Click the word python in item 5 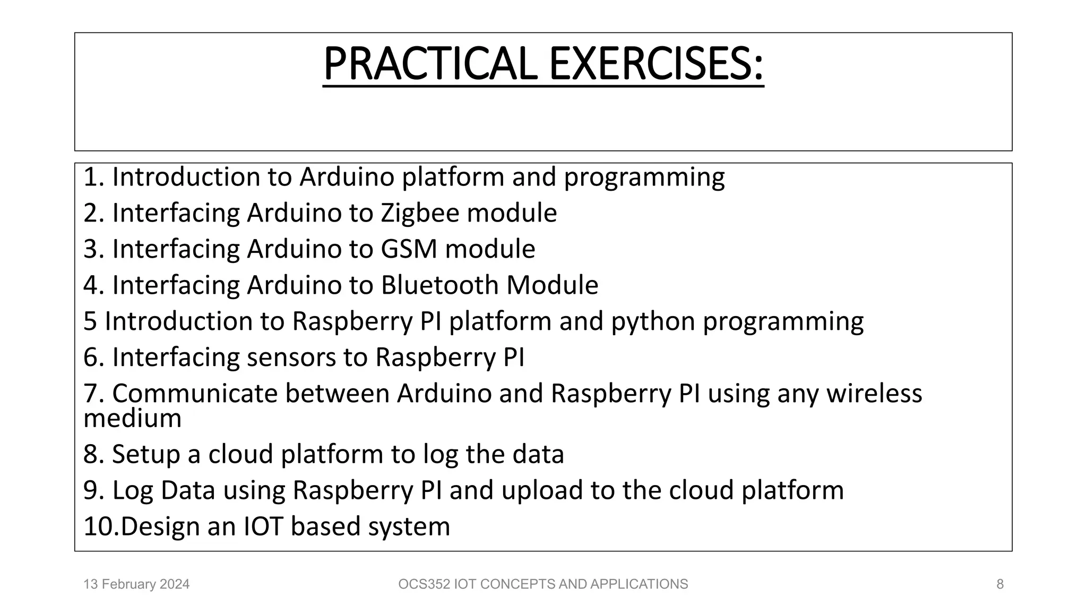tap(653, 322)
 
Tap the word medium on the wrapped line tap(133, 419)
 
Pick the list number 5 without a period tap(90, 322)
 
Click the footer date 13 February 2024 tap(136, 584)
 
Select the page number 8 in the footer tap(1000, 584)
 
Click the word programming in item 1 tap(644, 177)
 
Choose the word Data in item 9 tap(188, 490)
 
